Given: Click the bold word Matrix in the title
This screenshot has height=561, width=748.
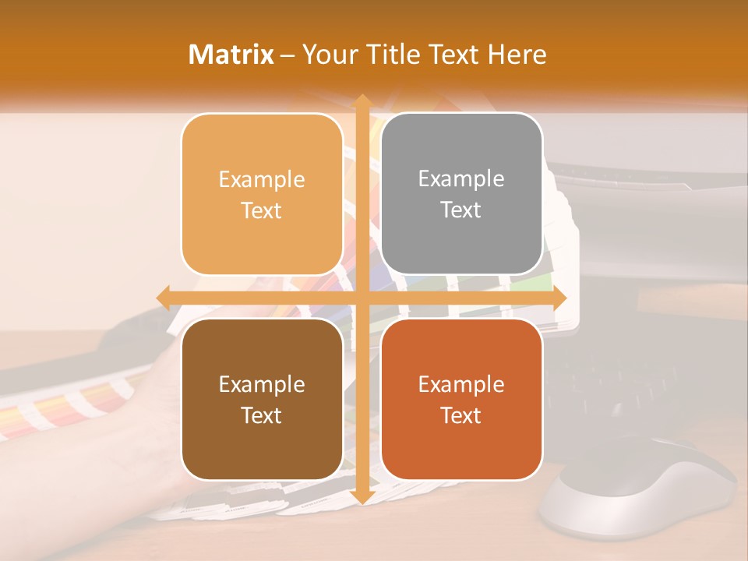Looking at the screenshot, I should click(x=231, y=55).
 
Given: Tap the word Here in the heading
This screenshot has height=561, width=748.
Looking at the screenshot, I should click(x=517, y=55).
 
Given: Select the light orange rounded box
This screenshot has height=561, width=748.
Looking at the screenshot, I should click(x=262, y=195).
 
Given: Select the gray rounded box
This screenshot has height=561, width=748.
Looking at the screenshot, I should click(x=461, y=194).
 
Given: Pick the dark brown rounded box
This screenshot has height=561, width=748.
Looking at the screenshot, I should click(x=262, y=399).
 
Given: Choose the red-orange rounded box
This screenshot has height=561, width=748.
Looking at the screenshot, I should click(x=461, y=399).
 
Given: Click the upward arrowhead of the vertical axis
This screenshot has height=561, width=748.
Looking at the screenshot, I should click(x=362, y=101).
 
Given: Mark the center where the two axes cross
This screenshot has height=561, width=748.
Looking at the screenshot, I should click(x=362, y=298).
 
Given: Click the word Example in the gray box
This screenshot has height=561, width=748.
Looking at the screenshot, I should click(x=461, y=179).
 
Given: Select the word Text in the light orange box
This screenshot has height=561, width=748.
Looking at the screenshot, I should click(x=262, y=211).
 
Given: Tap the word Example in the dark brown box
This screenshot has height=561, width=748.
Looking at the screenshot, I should click(x=262, y=384).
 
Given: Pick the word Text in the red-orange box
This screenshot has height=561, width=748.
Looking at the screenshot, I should click(x=461, y=416).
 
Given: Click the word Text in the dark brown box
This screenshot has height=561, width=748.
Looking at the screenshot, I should click(x=262, y=416).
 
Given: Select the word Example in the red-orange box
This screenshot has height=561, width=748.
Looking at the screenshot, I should click(x=461, y=384).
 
